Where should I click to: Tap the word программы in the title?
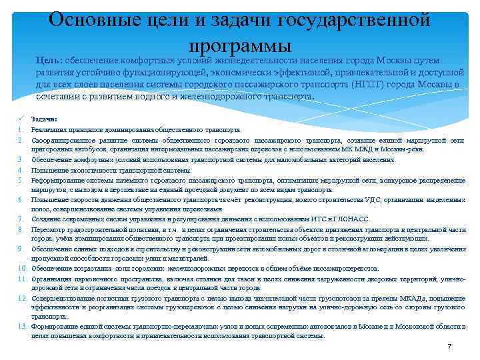[x=240, y=45]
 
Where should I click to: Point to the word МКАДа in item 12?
[x=403, y=298]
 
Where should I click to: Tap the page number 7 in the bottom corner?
[x=449, y=347]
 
